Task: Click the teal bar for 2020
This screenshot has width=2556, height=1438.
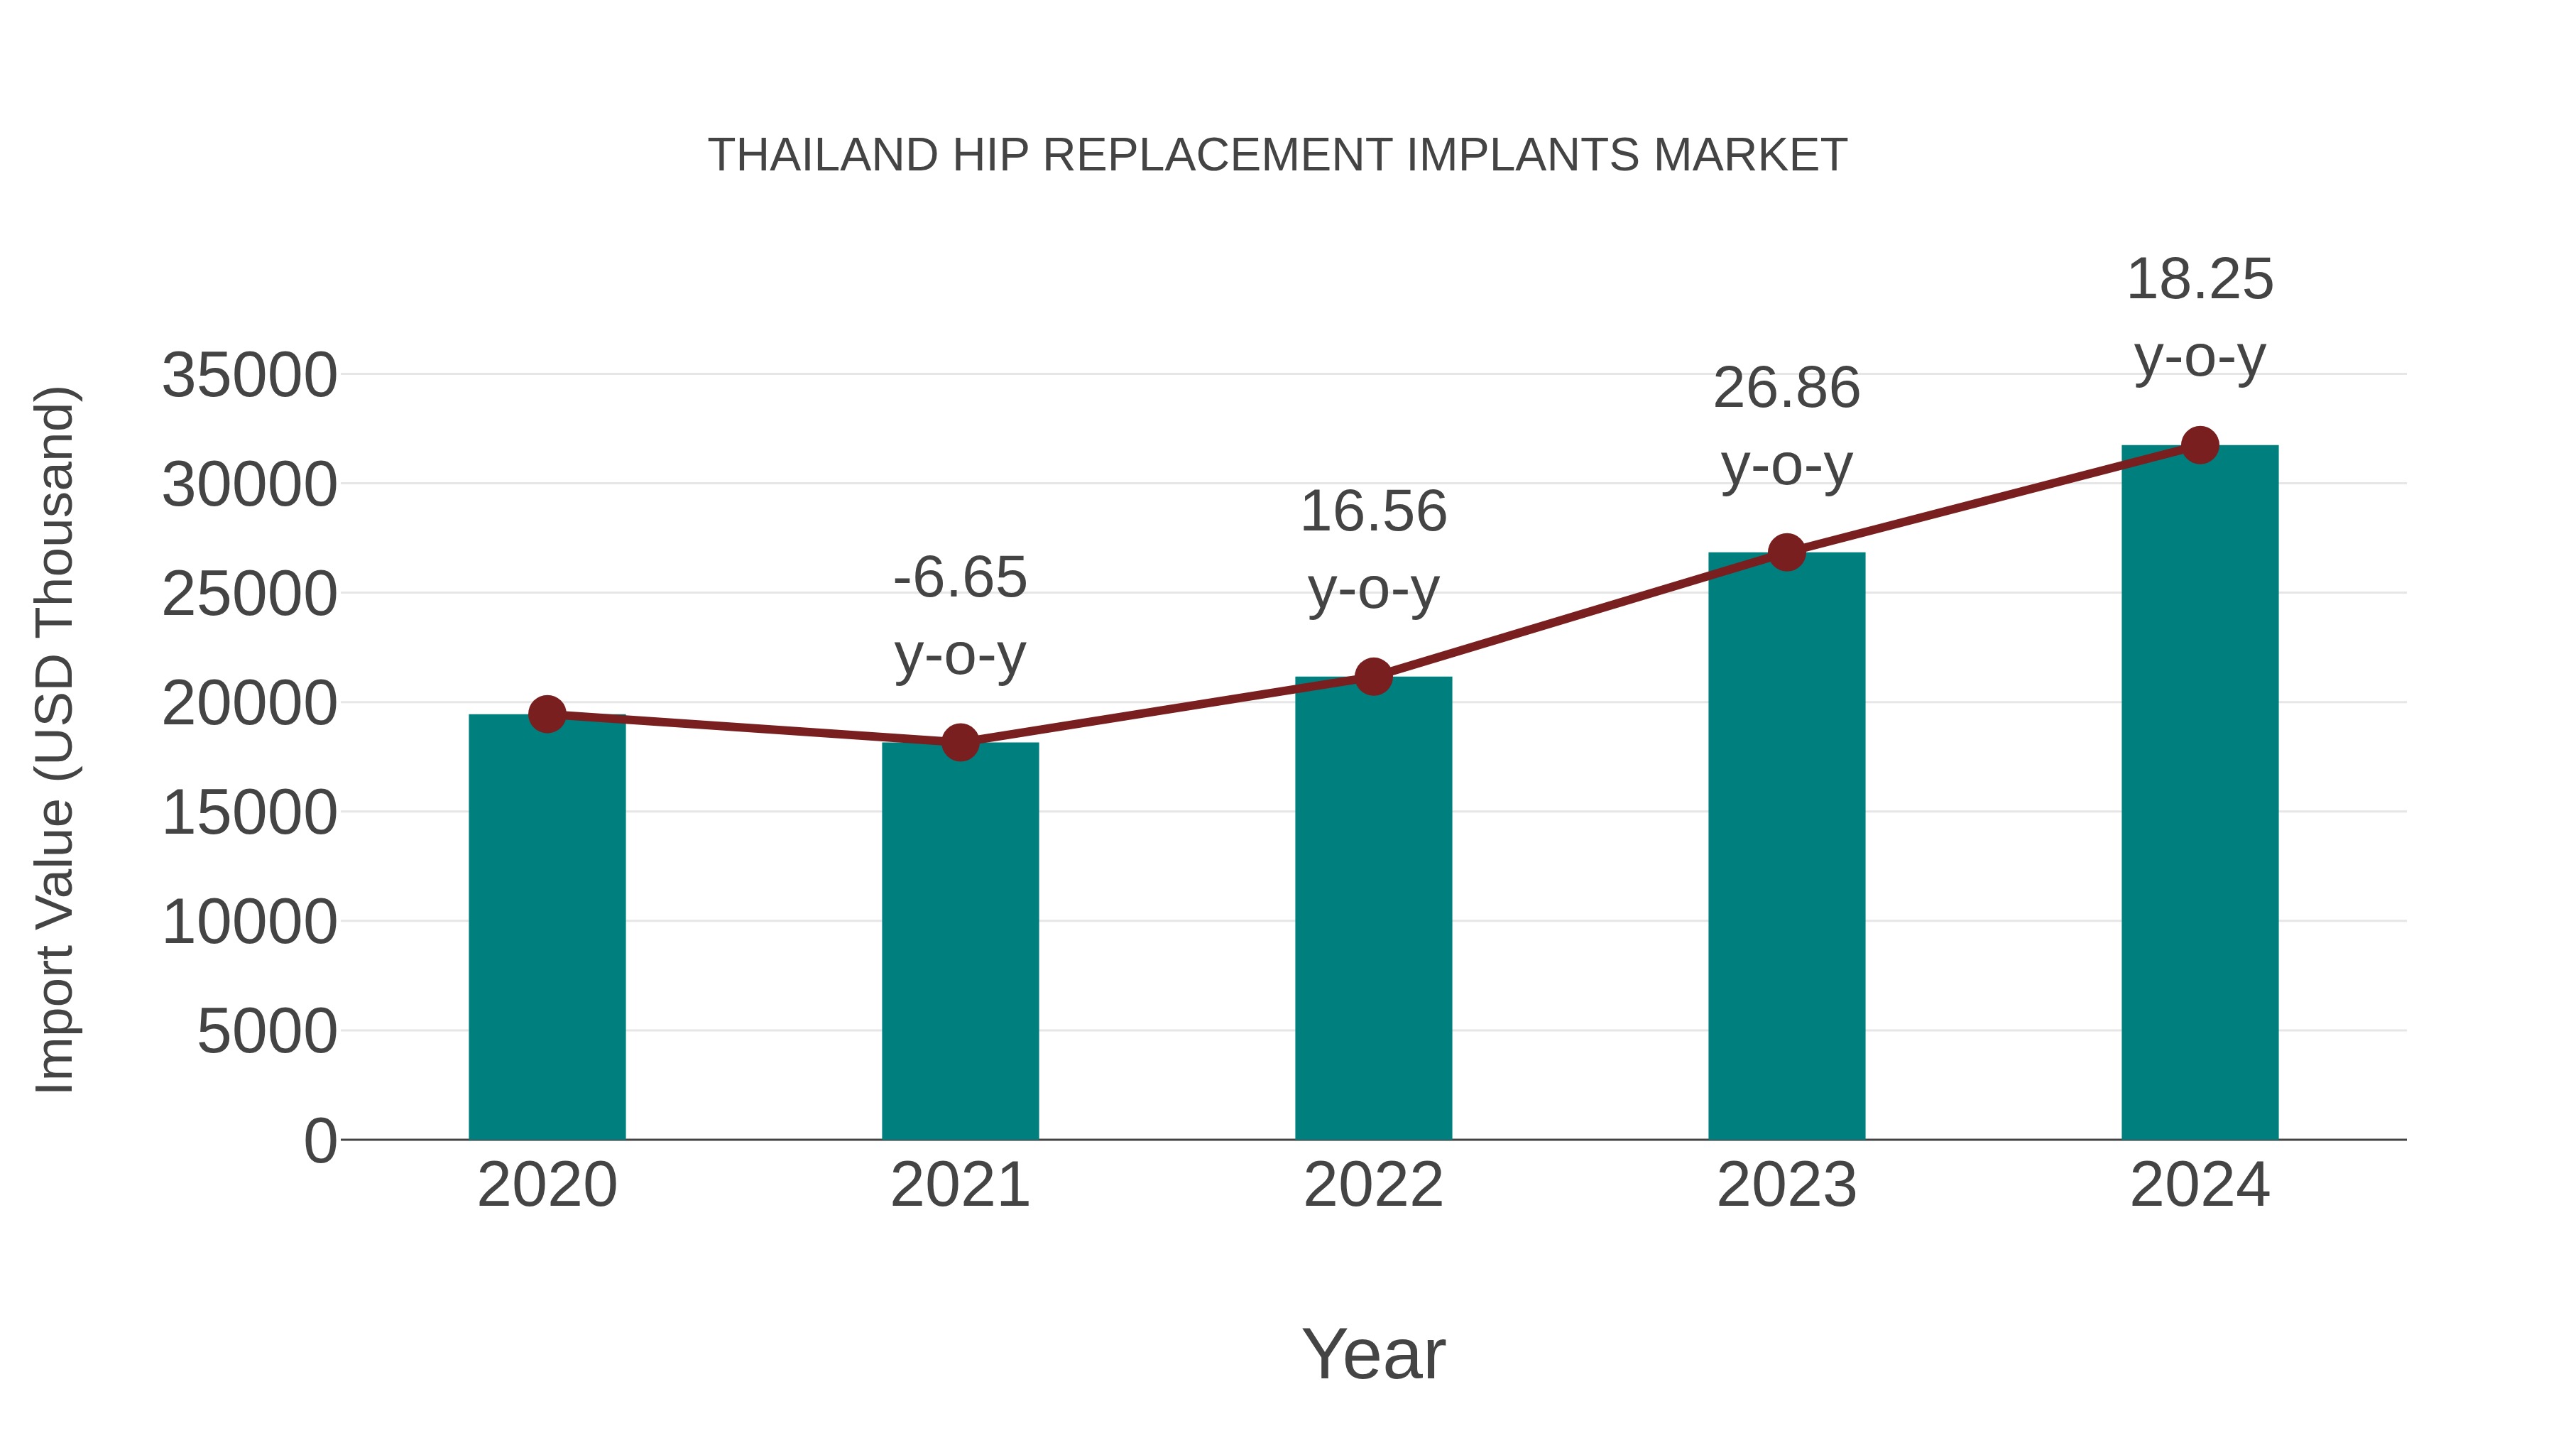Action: (x=547, y=928)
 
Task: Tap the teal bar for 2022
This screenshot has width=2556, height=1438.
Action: (x=1373, y=908)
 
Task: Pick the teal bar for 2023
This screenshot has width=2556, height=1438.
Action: (x=1786, y=846)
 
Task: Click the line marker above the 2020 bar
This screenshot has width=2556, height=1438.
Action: (x=547, y=714)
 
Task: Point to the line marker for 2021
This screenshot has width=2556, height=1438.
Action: (x=959, y=741)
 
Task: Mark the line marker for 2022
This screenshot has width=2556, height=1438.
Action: (x=1373, y=677)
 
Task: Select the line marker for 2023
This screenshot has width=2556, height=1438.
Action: (x=1786, y=552)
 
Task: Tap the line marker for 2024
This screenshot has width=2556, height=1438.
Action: (x=2200, y=445)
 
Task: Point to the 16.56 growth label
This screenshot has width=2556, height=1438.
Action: (x=1373, y=512)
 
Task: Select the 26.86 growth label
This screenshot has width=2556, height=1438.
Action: (x=1786, y=388)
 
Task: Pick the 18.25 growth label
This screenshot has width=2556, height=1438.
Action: (x=2200, y=280)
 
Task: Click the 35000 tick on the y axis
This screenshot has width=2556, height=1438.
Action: (x=249, y=376)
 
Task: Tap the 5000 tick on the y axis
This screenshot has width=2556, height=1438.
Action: (x=267, y=1032)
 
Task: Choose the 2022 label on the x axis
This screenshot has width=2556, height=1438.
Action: (x=1373, y=1185)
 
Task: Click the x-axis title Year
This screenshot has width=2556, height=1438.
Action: (x=1373, y=1353)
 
